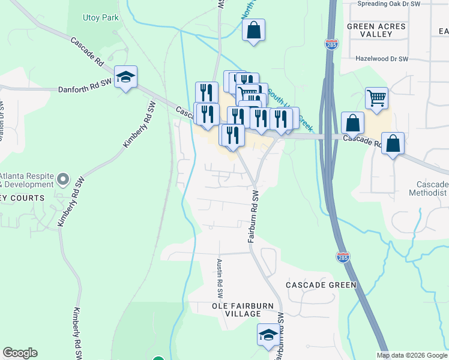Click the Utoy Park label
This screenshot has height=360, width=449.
coord(101,17)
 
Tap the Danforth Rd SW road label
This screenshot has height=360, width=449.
coord(85,89)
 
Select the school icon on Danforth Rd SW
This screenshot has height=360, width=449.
coord(125,77)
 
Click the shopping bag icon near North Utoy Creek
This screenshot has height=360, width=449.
coord(253,30)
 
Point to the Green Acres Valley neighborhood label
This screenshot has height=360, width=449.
coord(377,30)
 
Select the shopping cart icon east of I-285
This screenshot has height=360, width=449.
coord(376,98)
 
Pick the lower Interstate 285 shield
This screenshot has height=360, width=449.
coord(342,257)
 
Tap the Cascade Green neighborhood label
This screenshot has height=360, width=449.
coord(321,285)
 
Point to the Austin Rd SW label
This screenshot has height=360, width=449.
coord(220,279)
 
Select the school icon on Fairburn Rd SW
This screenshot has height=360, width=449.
coord(268,335)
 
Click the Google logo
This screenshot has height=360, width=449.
coord(20,353)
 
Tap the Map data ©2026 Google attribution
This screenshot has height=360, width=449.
coord(412,355)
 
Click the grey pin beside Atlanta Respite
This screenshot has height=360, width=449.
coord(63,179)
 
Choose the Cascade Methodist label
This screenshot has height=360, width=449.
coord(432,189)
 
